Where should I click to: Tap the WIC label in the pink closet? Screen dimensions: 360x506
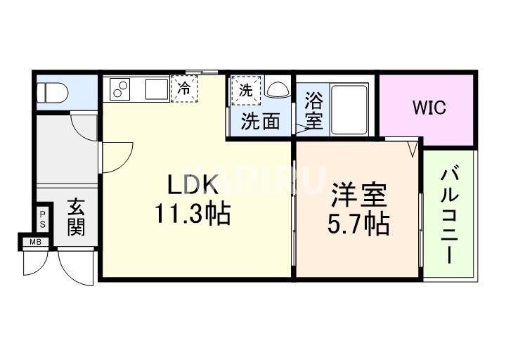429,108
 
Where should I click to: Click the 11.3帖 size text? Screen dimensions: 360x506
193,214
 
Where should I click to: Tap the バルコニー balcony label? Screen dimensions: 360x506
450,214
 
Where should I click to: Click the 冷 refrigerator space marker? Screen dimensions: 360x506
184,89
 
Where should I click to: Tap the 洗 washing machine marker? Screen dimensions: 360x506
246,90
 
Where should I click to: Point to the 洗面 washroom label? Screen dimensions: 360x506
260,122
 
